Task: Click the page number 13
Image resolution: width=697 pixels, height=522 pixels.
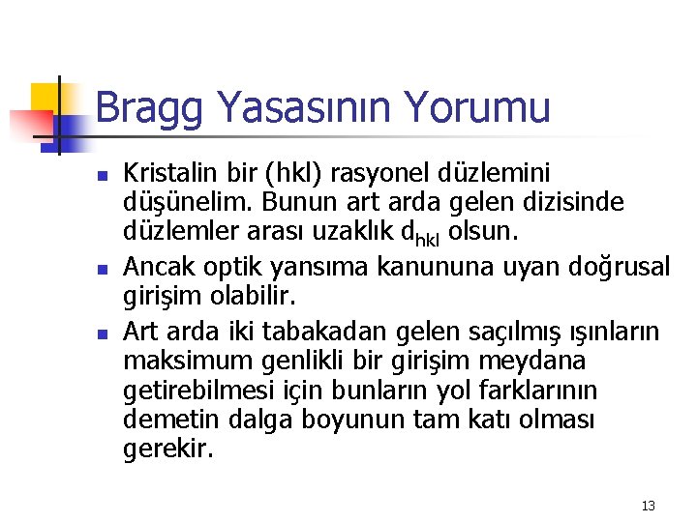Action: (x=649, y=506)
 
